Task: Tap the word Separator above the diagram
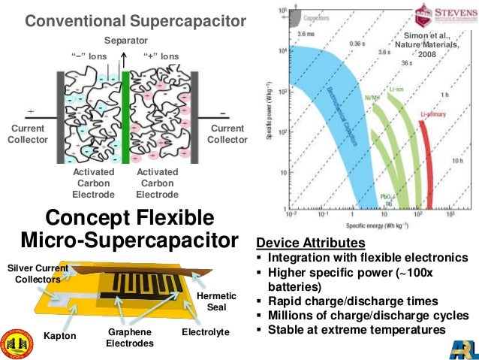125,40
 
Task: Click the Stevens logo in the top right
446,16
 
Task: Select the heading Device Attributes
311,244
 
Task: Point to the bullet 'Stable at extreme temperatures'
356,329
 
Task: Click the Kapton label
60,335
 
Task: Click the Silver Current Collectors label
37,274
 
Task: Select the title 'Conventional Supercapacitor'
136,22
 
